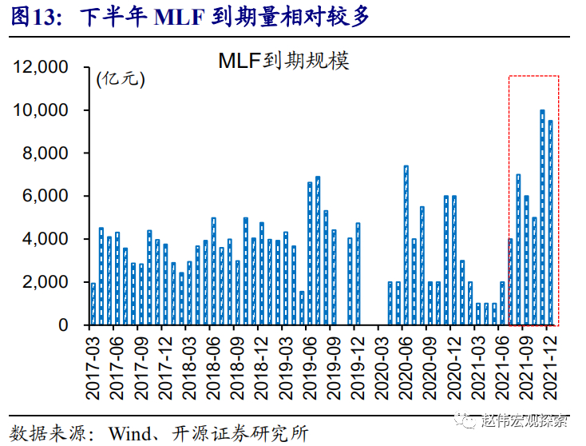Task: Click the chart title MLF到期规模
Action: coord(284,62)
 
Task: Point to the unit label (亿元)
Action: coord(121,79)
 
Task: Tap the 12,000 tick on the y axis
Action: coord(41,67)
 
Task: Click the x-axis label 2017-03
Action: coord(93,368)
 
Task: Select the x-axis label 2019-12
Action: coord(357,368)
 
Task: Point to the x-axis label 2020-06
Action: coord(405,368)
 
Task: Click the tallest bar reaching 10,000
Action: coord(542,217)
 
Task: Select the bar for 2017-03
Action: coord(93,304)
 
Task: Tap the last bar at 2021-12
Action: coord(550,223)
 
